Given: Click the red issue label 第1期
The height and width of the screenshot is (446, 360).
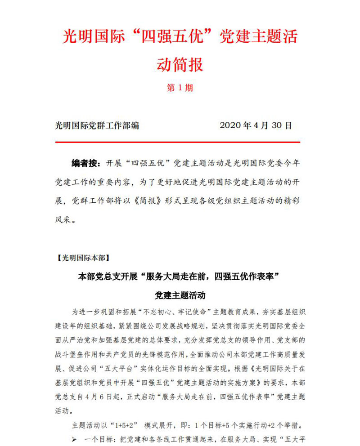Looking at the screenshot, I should (180, 88).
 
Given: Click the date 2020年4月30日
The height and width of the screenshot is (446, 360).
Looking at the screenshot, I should (256, 125).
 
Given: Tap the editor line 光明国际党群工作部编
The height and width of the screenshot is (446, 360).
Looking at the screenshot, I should (97, 125).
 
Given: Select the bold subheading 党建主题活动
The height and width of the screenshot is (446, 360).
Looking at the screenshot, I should (180, 295).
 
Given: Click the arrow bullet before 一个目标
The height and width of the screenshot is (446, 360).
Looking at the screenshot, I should (75, 438).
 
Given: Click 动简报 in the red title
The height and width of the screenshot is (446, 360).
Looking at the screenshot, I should (180, 64).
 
